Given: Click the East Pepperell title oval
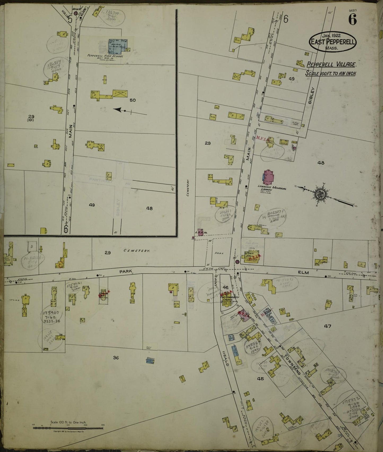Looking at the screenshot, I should coord(333,42).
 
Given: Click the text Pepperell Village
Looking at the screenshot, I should coord(331,64).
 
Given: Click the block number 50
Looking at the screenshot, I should coord(133,100).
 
